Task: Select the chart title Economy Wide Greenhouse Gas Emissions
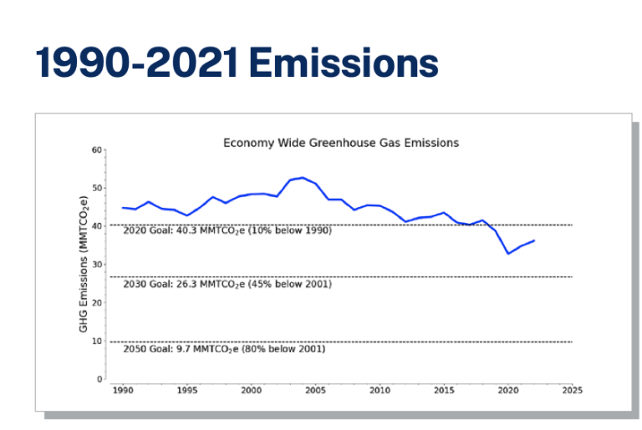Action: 340,143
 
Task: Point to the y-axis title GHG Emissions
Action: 84,264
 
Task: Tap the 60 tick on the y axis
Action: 97,150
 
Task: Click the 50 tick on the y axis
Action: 97,189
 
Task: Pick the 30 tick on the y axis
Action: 97,265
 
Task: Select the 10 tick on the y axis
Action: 97,341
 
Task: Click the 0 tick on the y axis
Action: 99,380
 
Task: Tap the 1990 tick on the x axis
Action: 123,390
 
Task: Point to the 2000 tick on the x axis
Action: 251,390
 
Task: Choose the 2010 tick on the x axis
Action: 380,390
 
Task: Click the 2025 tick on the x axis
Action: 572,390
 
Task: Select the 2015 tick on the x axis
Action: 444,390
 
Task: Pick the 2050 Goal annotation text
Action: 224,348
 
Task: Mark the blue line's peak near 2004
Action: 303,178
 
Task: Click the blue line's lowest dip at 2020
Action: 508,253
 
